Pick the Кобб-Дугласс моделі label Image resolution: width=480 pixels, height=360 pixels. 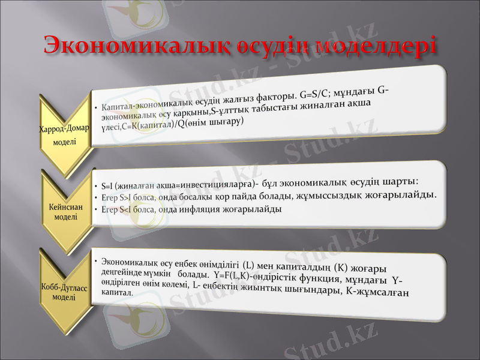(64, 292)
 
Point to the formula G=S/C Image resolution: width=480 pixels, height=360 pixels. (317, 94)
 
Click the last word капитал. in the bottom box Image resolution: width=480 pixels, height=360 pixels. (118, 292)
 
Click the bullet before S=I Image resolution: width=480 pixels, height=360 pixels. (97, 185)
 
